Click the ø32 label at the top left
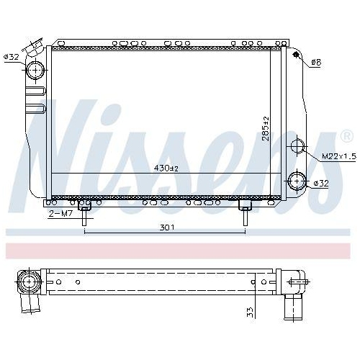(x=12, y=57)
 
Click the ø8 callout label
(x=316, y=63)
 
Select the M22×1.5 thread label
(x=339, y=156)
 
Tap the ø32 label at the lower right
(x=321, y=184)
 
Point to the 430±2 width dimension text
(x=166, y=168)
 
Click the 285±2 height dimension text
(x=266, y=129)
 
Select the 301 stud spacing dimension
(x=167, y=228)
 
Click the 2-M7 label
(x=60, y=214)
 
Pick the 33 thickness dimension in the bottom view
(x=250, y=312)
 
